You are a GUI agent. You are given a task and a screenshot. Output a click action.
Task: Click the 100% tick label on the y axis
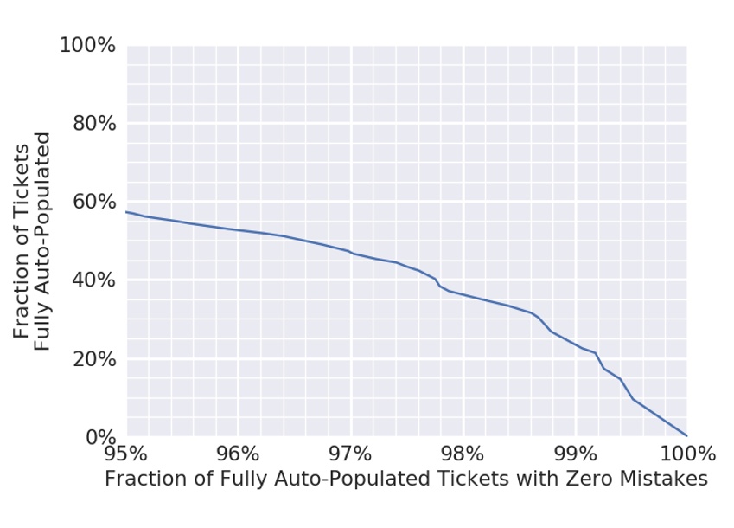tap(86, 45)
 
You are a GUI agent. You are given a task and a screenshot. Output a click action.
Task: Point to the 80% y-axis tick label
tap(92, 124)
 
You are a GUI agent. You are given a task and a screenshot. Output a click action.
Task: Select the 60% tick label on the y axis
tap(92, 202)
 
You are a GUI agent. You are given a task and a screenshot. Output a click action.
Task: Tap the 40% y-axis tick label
tap(92, 280)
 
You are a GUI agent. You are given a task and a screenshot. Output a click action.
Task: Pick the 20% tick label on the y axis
tap(92, 359)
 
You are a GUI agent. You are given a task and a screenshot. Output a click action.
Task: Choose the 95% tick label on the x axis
tap(126, 454)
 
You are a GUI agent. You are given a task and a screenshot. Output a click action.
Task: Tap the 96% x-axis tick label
tap(239, 454)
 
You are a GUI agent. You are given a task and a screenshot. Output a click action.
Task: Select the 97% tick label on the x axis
tap(350, 454)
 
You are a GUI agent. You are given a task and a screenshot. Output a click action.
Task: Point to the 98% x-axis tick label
tap(463, 454)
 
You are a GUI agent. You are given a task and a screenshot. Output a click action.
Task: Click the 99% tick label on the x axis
tap(575, 454)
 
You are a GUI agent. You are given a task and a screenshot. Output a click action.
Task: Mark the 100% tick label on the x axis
tap(687, 454)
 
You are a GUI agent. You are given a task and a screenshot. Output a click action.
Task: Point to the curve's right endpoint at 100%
tap(687, 436)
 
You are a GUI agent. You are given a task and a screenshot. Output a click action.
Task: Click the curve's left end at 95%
tap(127, 211)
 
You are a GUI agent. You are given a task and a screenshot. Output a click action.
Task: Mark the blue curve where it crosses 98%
tap(463, 294)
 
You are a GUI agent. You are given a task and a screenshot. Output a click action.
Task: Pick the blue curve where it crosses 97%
tap(350, 252)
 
